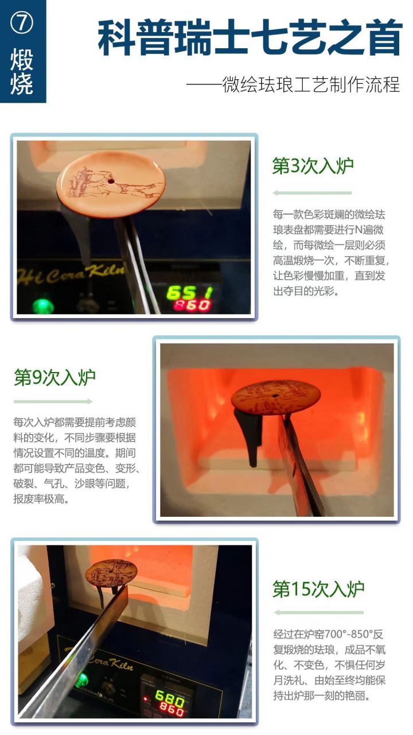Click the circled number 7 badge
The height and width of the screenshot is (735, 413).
pyautogui.click(x=22, y=23)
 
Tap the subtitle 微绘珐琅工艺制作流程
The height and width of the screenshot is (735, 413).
pyautogui.click(x=293, y=85)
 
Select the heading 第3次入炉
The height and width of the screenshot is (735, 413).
pyautogui.click(x=313, y=167)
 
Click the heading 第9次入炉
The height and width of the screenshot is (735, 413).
pyautogui.click(x=54, y=378)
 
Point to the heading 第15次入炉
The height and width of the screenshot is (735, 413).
pyautogui.click(x=318, y=589)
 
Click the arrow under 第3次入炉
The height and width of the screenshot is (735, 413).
pyautogui.click(x=312, y=193)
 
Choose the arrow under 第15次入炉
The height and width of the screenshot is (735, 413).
pyautogui.click(x=318, y=612)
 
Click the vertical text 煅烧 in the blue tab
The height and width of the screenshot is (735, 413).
pyautogui.click(x=22, y=72)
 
